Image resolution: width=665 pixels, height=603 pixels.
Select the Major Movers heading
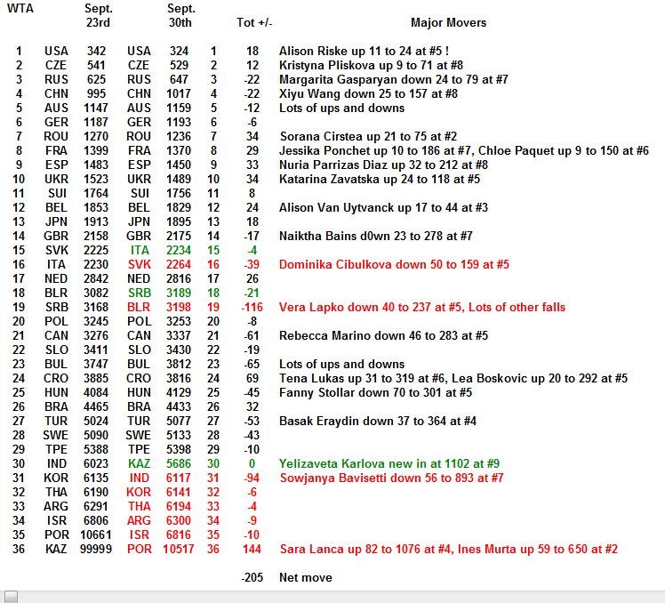pos(448,22)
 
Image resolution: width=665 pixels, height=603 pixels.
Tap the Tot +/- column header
pos(255,22)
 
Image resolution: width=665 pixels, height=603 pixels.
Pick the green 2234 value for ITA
pos(179,250)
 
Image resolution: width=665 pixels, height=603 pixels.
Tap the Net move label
pos(306,577)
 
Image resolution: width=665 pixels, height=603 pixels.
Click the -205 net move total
pos(252,577)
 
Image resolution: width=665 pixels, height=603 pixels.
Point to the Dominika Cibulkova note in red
pos(394,264)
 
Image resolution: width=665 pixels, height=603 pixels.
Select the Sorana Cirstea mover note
pos(374,136)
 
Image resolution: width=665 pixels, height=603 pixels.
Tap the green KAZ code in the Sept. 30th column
pos(139,463)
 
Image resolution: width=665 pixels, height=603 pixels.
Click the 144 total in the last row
pos(252,549)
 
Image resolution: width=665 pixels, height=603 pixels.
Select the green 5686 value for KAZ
pos(179,463)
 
